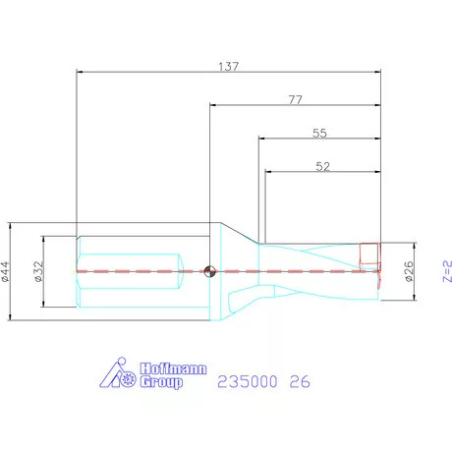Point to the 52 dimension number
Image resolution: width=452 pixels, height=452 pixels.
[x=322, y=167]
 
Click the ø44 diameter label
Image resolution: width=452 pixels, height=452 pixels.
[x=6, y=267]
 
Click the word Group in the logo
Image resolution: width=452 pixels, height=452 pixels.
[x=159, y=383]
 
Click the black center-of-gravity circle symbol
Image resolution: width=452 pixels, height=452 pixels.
[x=208, y=271]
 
